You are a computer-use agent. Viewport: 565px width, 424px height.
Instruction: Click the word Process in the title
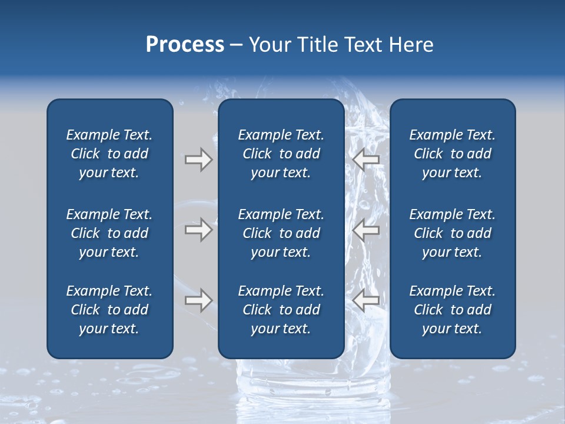pos(185,45)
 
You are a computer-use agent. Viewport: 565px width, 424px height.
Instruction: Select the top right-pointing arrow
pos(198,160)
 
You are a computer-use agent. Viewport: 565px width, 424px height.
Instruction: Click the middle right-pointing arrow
pos(198,230)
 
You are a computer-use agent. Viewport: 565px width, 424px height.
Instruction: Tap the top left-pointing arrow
pos(366,160)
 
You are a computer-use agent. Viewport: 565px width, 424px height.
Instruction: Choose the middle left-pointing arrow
pos(366,230)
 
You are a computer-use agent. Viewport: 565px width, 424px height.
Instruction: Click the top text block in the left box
pos(109,154)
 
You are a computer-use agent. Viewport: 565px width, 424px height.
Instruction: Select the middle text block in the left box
pos(109,233)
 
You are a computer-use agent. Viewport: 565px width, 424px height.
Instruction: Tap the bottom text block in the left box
pos(109,310)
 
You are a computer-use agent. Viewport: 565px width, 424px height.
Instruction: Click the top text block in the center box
pos(281,154)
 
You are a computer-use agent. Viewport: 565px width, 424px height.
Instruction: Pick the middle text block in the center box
pos(281,233)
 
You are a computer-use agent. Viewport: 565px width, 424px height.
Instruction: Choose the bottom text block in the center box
pos(281,310)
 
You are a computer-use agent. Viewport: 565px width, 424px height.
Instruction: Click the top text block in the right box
pos(452,154)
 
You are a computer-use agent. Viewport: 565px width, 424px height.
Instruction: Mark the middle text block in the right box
pos(452,233)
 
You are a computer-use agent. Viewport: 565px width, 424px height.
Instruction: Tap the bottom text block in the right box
pos(452,310)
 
